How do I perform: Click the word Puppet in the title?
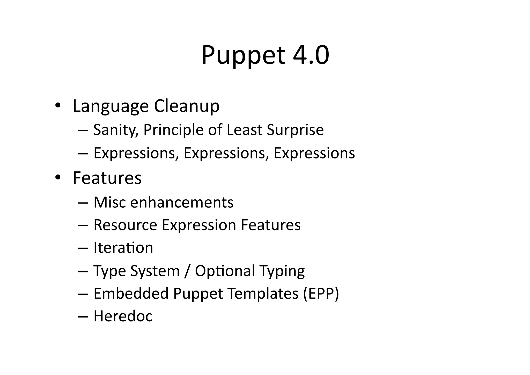pyautogui.click(x=243, y=55)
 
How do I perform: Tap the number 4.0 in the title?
pyautogui.click(x=311, y=55)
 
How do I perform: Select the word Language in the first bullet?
pyautogui.click(x=111, y=106)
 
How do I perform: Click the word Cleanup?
pyautogui.click(x=187, y=106)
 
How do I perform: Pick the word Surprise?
pyautogui.click(x=295, y=130)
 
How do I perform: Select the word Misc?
pyautogui.click(x=110, y=202)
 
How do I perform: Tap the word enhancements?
pyautogui.click(x=182, y=202)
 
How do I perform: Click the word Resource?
pyautogui.click(x=125, y=225)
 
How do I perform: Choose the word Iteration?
pyautogui.click(x=123, y=248)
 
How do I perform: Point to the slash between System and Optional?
pyautogui.click(x=187, y=271)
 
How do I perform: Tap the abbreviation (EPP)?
pyautogui.click(x=321, y=294)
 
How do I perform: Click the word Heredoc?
pyautogui.click(x=123, y=316)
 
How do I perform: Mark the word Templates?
pyautogui.click(x=263, y=294)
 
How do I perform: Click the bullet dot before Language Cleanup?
pyautogui.click(x=58, y=105)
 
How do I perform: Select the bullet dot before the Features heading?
pyautogui.click(x=58, y=177)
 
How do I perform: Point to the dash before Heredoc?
pyautogui.click(x=83, y=317)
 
